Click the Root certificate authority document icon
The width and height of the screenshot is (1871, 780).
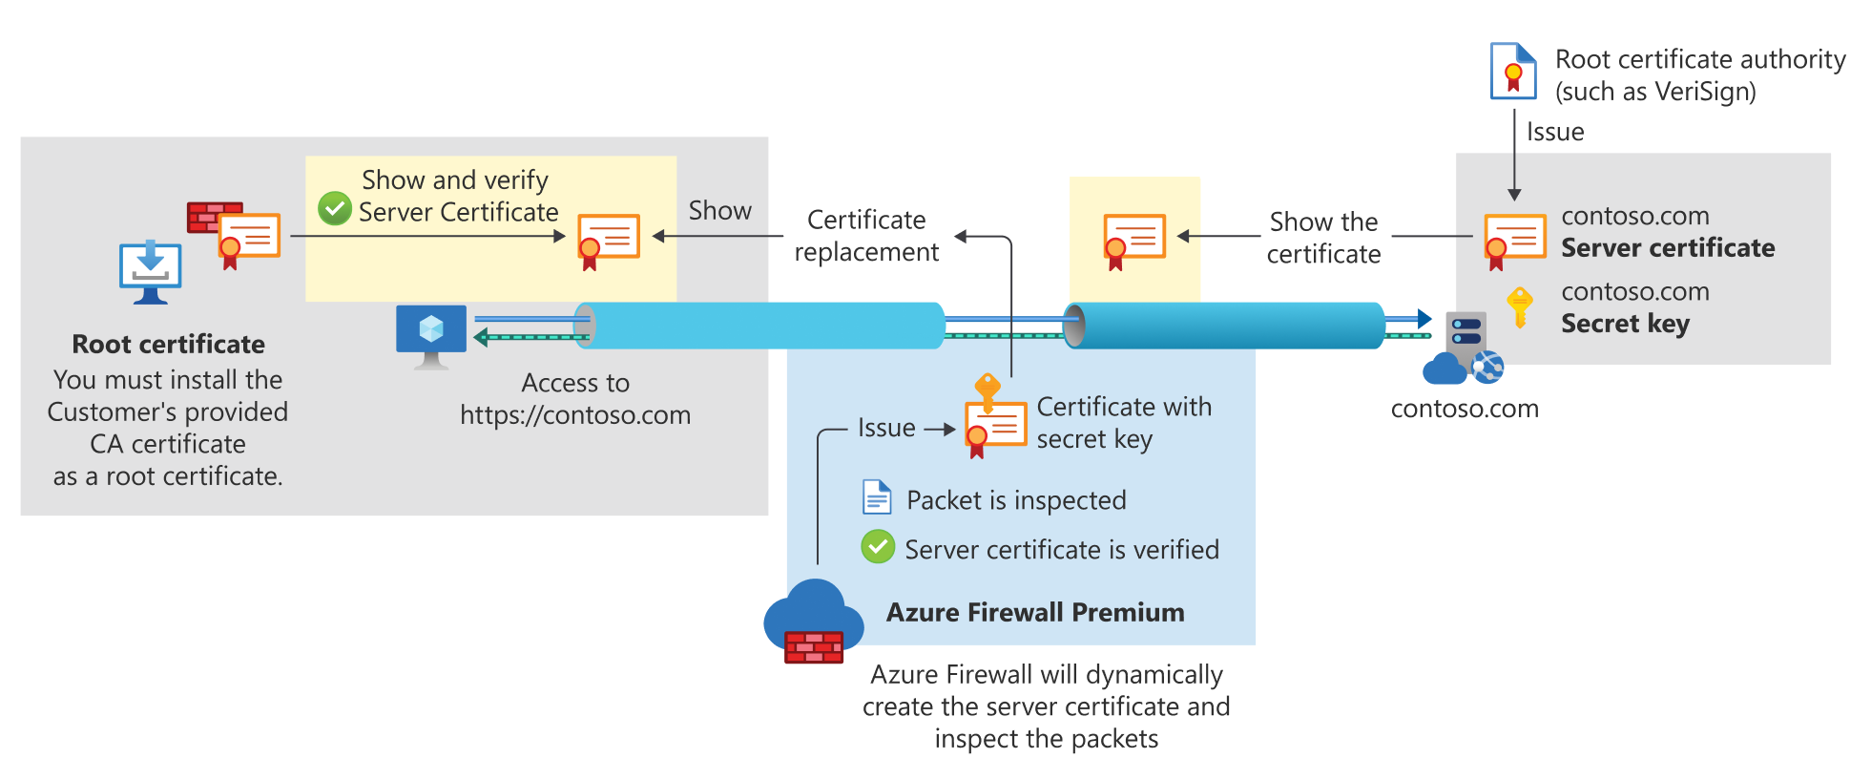click(1513, 71)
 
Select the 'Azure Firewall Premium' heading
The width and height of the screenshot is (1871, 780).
click(1035, 612)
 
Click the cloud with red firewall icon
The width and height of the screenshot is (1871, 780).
click(813, 622)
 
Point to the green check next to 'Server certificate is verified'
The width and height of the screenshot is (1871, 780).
click(878, 547)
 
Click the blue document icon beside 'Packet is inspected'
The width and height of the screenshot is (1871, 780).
click(876, 497)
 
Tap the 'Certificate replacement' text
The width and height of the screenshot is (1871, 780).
click(866, 236)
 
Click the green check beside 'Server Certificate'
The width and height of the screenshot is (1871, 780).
click(335, 208)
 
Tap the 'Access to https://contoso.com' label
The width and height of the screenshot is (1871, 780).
click(575, 399)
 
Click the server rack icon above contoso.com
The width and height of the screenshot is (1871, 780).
click(1466, 334)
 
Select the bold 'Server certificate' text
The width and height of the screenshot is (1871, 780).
click(1667, 248)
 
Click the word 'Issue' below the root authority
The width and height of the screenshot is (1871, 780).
click(1555, 132)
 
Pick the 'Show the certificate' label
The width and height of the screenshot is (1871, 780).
click(1323, 238)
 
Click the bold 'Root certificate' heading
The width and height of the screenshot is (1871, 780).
click(169, 344)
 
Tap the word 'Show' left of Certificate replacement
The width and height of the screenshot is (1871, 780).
click(719, 210)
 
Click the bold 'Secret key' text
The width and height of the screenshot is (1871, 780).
click(1625, 324)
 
